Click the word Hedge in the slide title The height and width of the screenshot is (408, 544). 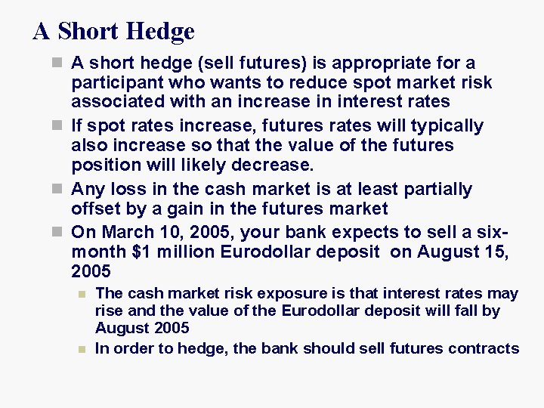point(161,32)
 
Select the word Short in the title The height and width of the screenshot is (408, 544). point(88,31)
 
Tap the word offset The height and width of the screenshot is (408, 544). point(94,209)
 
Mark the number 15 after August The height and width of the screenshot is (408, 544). point(496,251)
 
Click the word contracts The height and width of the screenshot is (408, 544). point(484,348)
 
